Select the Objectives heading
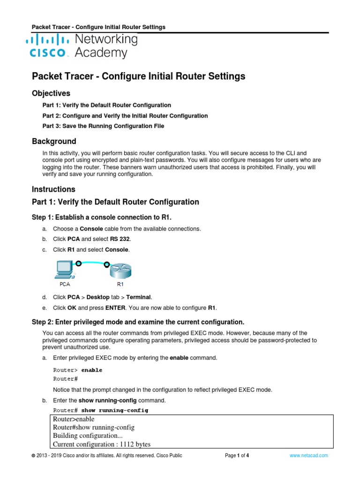(x=51, y=93)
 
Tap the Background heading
(x=53, y=142)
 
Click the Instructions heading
(x=53, y=189)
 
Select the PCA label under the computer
(x=65, y=284)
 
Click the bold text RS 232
(x=105, y=239)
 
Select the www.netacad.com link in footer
(x=308, y=455)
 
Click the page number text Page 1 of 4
(x=237, y=455)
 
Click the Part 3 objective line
(x=103, y=126)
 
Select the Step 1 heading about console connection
(x=105, y=216)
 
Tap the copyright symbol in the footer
(x=33, y=456)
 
